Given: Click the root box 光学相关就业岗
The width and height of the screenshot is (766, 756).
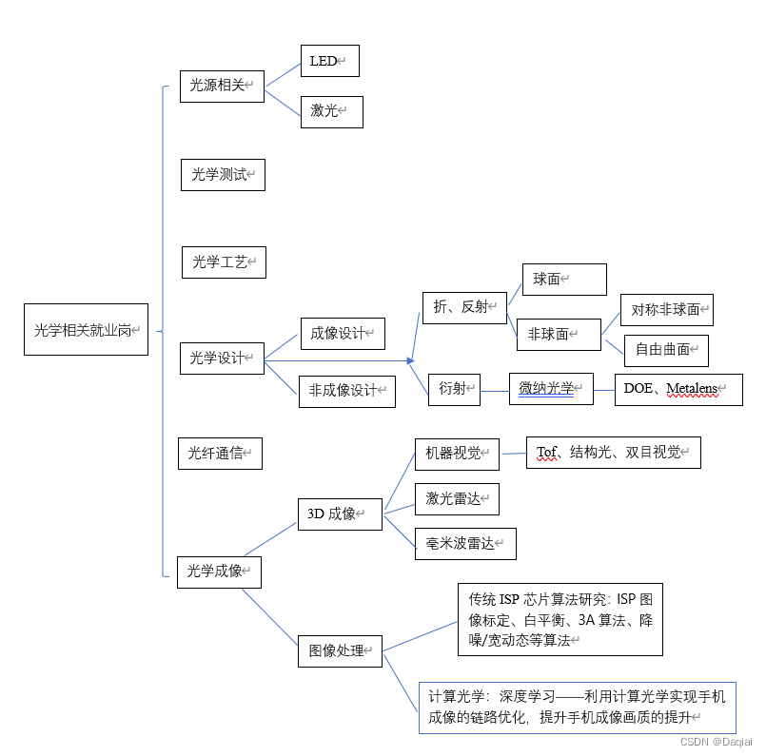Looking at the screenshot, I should (x=86, y=329).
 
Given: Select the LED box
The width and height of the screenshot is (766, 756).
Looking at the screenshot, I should (x=329, y=61).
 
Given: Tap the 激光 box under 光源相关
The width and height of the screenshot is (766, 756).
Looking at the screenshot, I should (x=331, y=111).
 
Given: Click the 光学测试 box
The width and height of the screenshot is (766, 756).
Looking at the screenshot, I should (x=223, y=175).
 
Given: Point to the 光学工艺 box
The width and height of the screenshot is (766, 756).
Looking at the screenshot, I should (x=224, y=262).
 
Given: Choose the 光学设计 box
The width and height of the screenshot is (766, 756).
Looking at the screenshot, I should (x=222, y=358).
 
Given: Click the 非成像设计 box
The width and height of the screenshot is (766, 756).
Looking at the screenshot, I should (x=347, y=391).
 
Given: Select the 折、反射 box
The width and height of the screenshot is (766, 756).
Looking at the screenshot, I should (x=464, y=306).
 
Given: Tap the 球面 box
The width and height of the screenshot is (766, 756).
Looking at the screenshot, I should (x=563, y=279).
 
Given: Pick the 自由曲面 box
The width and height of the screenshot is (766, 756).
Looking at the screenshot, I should (x=666, y=350).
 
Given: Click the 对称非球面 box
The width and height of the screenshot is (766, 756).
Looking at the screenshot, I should (x=666, y=310).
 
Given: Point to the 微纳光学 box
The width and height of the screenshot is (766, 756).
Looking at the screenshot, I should (x=551, y=389).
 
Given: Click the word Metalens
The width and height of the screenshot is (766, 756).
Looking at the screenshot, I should (x=692, y=389).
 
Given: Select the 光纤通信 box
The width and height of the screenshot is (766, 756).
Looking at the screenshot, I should (x=220, y=454).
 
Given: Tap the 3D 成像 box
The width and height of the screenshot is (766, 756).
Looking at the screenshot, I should (x=340, y=514).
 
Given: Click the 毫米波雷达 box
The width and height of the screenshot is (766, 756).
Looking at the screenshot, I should (x=465, y=543).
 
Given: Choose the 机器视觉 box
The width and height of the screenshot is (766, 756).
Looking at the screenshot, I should (x=457, y=454).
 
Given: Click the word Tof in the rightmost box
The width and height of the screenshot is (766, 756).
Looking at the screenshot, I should (x=547, y=453).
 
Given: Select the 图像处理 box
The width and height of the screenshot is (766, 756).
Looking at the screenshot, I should (x=340, y=651).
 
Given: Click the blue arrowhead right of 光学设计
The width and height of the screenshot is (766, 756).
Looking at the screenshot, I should (x=410, y=360).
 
